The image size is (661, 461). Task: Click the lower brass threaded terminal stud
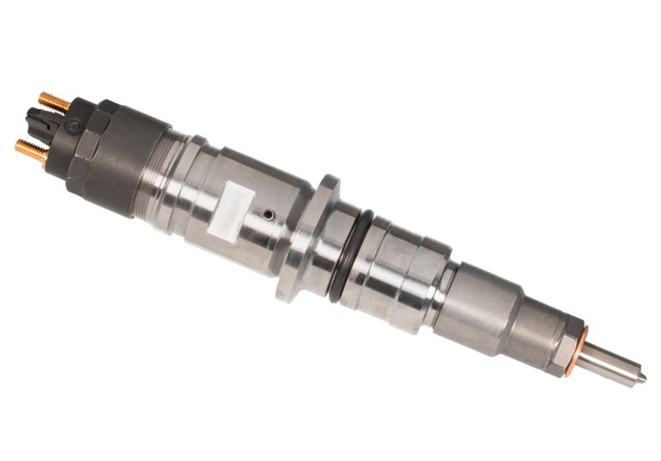(33, 150)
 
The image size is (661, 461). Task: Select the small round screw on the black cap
(74, 126)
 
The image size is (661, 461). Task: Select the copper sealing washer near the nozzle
(577, 350)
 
